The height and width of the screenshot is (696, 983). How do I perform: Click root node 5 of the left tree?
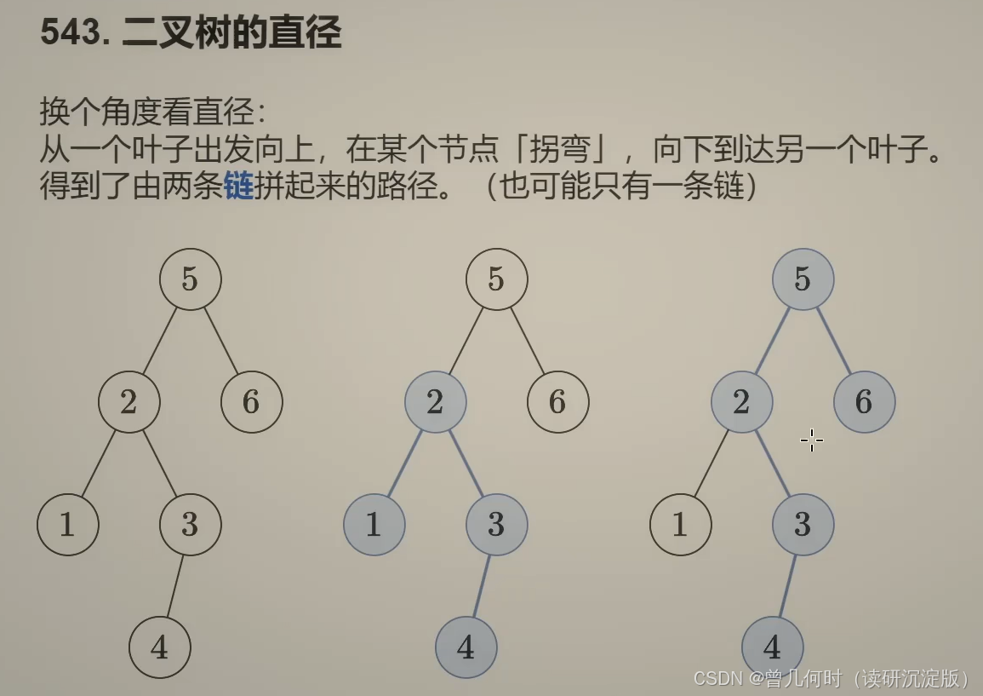pyautogui.click(x=191, y=279)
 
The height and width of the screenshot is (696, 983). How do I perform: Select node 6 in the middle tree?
pyautogui.click(x=557, y=402)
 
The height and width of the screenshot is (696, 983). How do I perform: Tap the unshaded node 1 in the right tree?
pyautogui.click(x=680, y=525)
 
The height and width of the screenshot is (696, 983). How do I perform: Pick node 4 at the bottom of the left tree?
pyautogui.click(x=160, y=647)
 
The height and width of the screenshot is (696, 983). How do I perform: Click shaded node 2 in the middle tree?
pyautogui.click(x=435, y=402)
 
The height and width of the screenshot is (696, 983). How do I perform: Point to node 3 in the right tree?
pyautogui.click(x=803, y=525)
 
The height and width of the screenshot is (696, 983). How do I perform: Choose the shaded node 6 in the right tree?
pyautogui.click(x=864, y=402)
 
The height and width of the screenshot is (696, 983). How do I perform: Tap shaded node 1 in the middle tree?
pyautogui.click(x=374, y=525)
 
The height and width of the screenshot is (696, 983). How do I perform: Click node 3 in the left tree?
pyautogui.click(x=191, y=525)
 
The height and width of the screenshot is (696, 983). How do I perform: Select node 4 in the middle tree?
pyautogui.click(x=466, y=647)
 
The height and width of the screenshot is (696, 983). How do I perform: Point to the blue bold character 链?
pyautogui.click(x=239, y=186)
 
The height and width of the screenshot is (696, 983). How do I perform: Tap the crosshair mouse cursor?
pyautogui.click(x=811, y=440)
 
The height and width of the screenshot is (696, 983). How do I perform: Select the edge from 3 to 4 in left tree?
pyautogui.click(x=175, y=586)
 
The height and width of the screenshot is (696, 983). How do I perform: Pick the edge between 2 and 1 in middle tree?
pyautogui.click(x=405, y=463)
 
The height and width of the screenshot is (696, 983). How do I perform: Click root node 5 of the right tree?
pyautogui.click(x=803, y=279)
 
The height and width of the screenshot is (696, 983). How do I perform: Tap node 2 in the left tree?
pyautogui.click(x=129, y=402)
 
